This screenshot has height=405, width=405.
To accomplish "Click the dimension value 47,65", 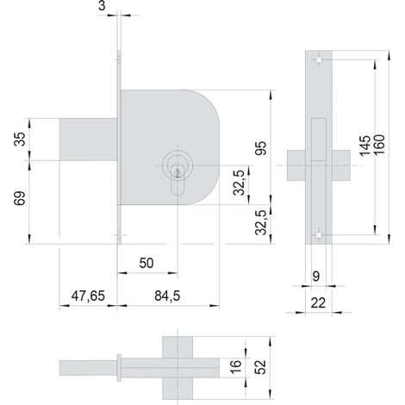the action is tap(88, 296).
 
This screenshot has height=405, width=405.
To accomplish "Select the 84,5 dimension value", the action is tap(167, 296).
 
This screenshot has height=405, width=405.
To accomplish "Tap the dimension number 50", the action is tap(146, 263).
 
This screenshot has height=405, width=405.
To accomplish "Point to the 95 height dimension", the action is tap(261, 148).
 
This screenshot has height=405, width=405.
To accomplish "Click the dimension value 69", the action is tap(20, 198).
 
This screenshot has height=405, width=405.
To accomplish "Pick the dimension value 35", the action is tap(20, 139).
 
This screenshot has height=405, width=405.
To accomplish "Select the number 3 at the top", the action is tap(102, 5).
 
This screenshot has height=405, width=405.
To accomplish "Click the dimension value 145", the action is tap(365, 146).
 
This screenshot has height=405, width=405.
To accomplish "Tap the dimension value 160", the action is tap(378, 145).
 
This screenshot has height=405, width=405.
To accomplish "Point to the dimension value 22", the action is tap(318, 303).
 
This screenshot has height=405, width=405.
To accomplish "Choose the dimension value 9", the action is tap(315, 277).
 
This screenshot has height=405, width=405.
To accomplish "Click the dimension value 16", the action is tap(235, 367).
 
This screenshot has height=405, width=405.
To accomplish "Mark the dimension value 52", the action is tap(260, 367).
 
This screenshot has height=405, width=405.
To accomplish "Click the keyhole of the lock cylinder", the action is tap(178, 173).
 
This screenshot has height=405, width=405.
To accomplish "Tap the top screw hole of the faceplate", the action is tap(319, 59).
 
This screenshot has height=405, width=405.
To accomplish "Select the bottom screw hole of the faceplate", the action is tap(319, 235).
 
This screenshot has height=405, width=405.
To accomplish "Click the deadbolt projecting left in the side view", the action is tap(88, 140).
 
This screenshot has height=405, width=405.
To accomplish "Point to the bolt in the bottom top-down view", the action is tap(88, 368).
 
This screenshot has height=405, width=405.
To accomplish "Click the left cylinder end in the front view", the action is tap(296, 165).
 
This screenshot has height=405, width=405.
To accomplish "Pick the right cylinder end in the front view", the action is tap(341, 165).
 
